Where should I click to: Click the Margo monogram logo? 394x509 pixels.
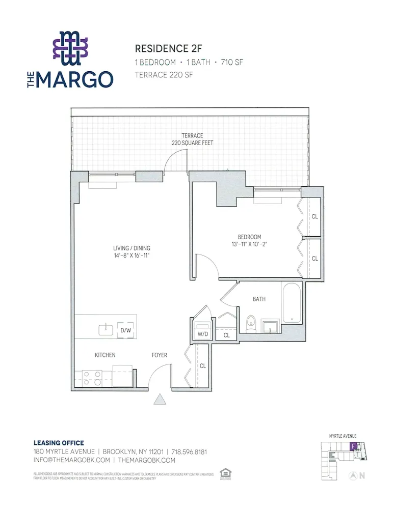(70, 48)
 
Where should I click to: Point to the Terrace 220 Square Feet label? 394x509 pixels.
(192, 139)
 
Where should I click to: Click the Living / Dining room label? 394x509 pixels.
(132, 252)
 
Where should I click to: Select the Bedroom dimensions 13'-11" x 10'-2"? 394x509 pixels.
(249, 244)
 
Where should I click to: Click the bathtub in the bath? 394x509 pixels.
(292, 304)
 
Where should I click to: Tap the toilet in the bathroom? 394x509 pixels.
(250, 323)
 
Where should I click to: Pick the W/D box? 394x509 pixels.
(202, 333)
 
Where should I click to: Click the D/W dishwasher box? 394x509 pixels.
(125, 330)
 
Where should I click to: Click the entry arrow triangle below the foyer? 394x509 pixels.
(160, 400)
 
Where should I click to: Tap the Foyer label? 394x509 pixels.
(159, 355)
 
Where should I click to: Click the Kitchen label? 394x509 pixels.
(105, 355)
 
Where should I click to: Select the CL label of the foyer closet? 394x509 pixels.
(202, 365)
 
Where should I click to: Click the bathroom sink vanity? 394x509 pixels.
(270, 326)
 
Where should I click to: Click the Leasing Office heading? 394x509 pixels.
(59, 443)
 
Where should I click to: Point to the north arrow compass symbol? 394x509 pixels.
(352, 476)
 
